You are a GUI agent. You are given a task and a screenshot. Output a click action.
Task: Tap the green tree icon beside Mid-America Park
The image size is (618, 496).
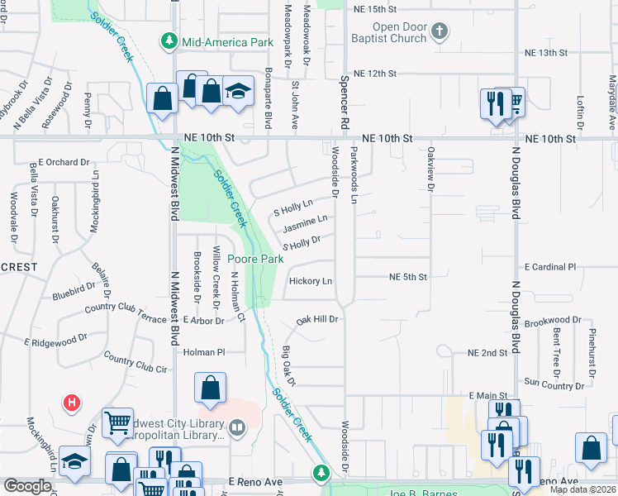click(x=169, y=41)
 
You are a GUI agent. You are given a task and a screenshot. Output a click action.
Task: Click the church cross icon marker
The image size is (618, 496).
click(x=440, y=32)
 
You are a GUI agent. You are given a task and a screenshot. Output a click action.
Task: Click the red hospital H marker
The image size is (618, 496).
click(x=72, y=403)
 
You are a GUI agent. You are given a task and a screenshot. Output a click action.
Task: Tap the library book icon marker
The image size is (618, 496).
click(x=237, y=427)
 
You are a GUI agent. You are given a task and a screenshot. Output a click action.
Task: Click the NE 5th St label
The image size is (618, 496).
click(x=408, y=277)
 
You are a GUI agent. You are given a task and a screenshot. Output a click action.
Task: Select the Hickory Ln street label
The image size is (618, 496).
click(x=311, y=281)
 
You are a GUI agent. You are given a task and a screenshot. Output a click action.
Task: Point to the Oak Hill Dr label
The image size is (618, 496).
click(x=319, y=318)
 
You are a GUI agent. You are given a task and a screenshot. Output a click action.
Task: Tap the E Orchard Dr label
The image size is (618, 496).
click(x=63, y=162)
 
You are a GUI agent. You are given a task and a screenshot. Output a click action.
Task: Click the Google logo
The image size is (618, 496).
click(x=27, y=486)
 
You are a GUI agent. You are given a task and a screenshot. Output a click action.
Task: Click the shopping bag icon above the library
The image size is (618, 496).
click(x=211, y=386)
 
